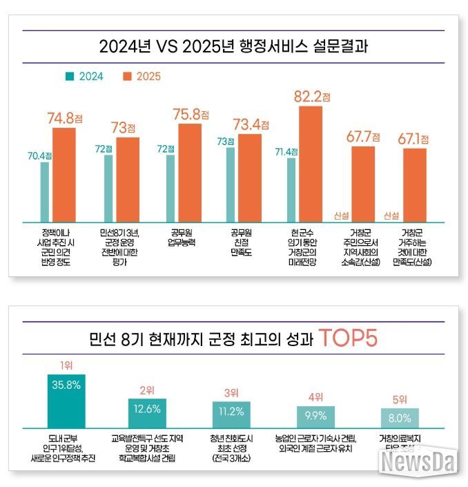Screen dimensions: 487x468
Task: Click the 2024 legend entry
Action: pyautogui.click(x=86, y=77)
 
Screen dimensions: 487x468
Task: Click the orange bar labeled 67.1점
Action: pyautogui.click(x=414, y=184)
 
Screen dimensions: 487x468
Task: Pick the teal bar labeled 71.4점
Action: pyautogui.click(x=291, y=189)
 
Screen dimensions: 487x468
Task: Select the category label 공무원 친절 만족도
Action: pyautogui.click(x=242, y=237)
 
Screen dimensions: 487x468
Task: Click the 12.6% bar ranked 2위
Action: pyautogui.click(x=147, y=412)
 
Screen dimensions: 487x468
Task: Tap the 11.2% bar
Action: pyautogui.click(x=231, y=414)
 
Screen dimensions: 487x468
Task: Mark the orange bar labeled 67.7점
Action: pyautogui.click(x=363, y=184)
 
